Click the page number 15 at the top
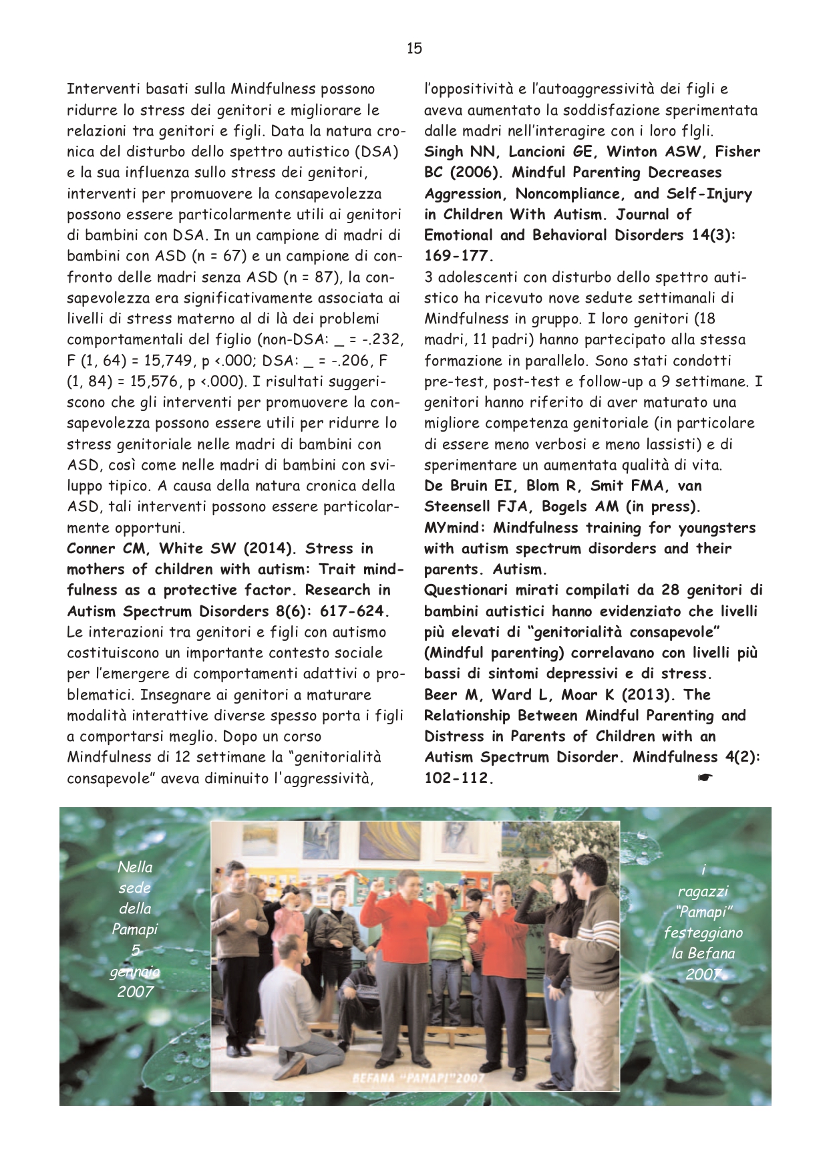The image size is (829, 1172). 414,48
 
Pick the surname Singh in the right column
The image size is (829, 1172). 444,152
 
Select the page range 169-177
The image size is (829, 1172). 458,256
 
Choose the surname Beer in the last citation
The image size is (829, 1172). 441,695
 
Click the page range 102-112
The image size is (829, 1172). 458,778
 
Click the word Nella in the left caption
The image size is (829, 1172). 135,867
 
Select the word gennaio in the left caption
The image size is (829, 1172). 135,971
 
